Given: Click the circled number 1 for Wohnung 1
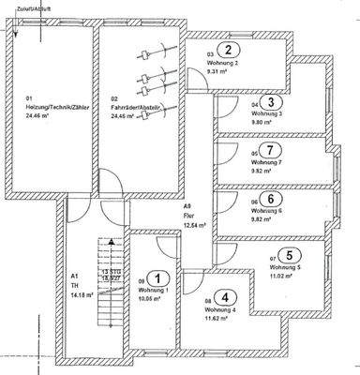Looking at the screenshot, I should pyautogui.click(x=160, y=277).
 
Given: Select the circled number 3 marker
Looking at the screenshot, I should pyautogui.click(x=270, y=102).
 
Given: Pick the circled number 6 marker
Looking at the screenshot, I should pyautogui.click(x=269, y=199).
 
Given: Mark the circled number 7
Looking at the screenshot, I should pyautogui.click(x=269, y=151).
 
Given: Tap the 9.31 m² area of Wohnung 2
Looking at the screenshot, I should pyautogui.click(x=218, y=69).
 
